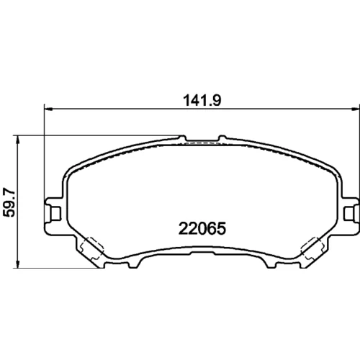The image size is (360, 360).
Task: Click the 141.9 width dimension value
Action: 202,101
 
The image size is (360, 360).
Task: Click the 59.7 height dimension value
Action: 10,203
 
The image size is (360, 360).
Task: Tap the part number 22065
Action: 202,228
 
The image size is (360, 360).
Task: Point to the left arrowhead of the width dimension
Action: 48,109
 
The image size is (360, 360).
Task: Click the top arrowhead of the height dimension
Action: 17,140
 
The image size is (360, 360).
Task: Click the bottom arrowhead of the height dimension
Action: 17,264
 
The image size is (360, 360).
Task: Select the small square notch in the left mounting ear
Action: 55,213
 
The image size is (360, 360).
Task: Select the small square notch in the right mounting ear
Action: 348,213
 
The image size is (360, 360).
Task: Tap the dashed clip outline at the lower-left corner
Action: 92,248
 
